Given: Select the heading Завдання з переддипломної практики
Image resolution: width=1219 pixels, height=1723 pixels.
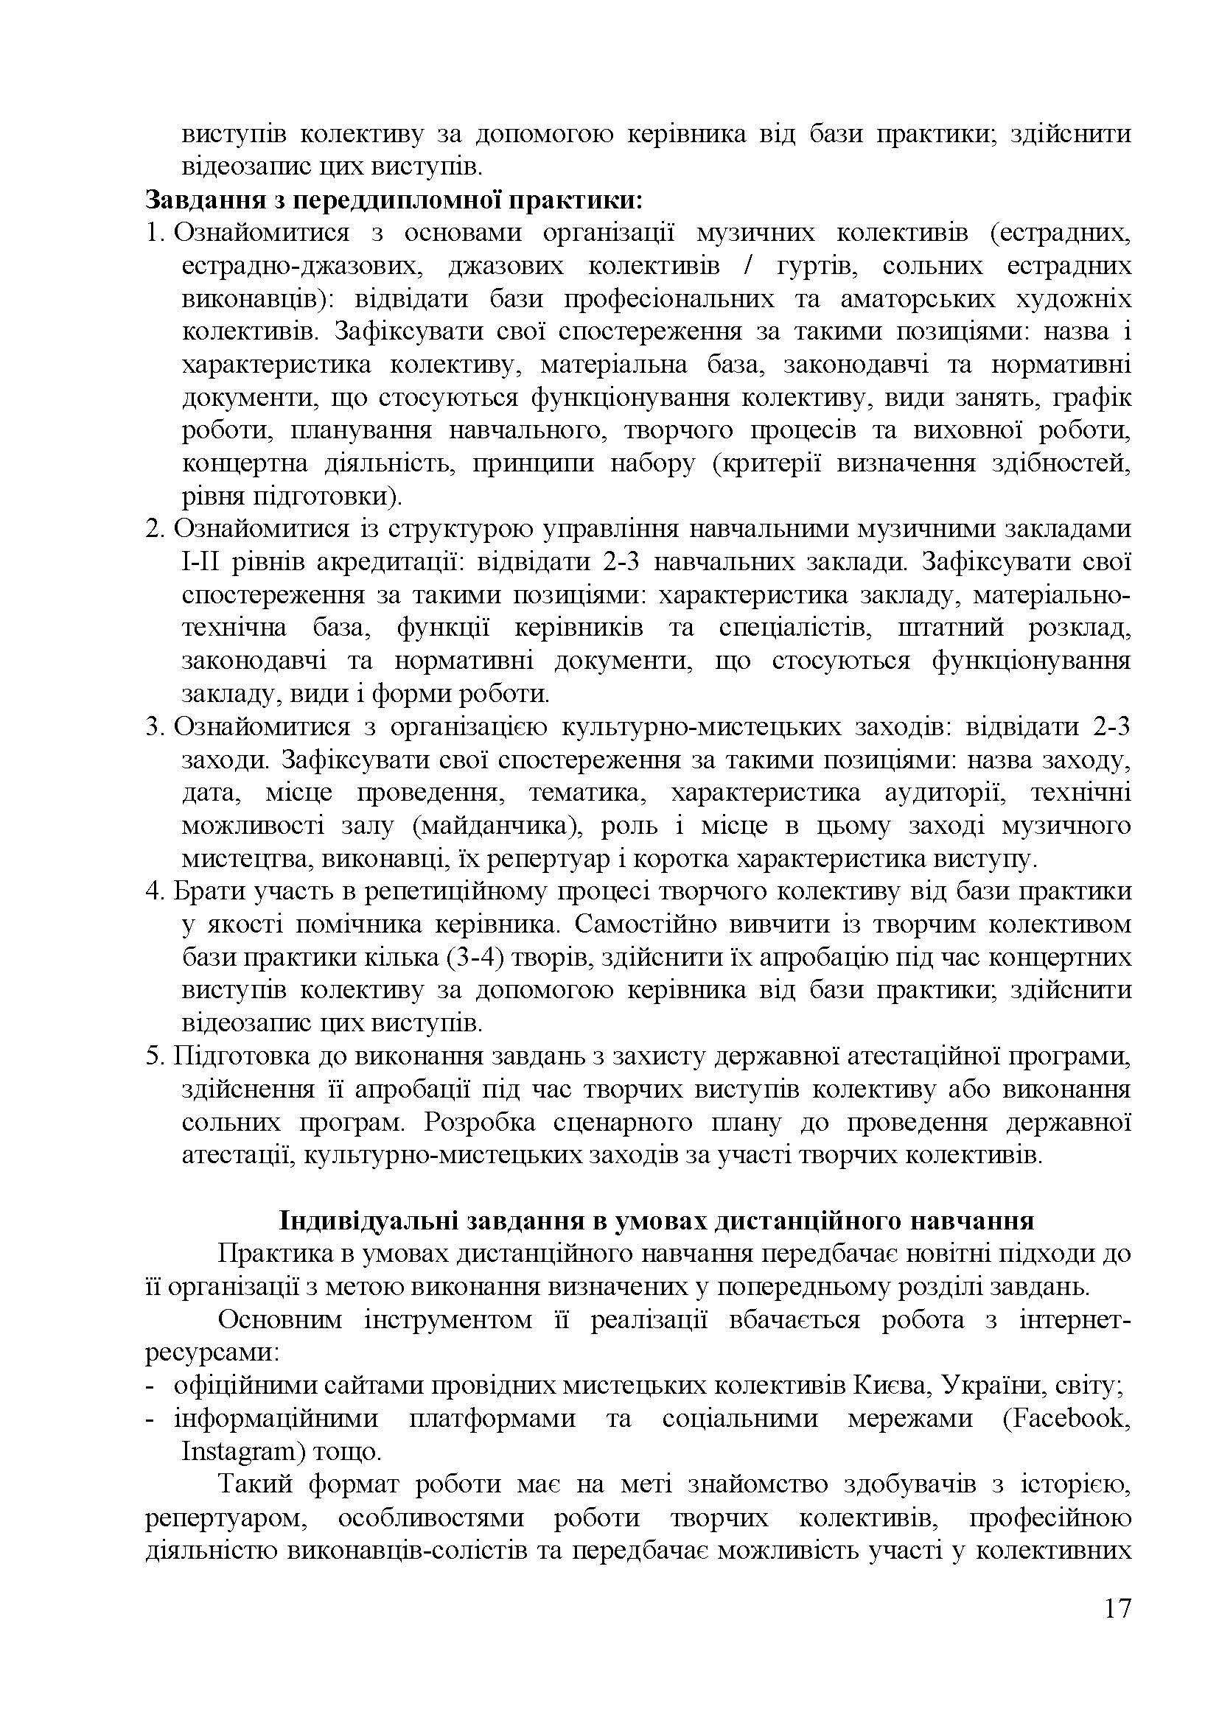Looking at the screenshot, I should pyautogui.click(x=394, y=200).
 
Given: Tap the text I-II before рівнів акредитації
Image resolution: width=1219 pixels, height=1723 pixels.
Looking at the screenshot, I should pyautogui.click(x=200, y=562).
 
